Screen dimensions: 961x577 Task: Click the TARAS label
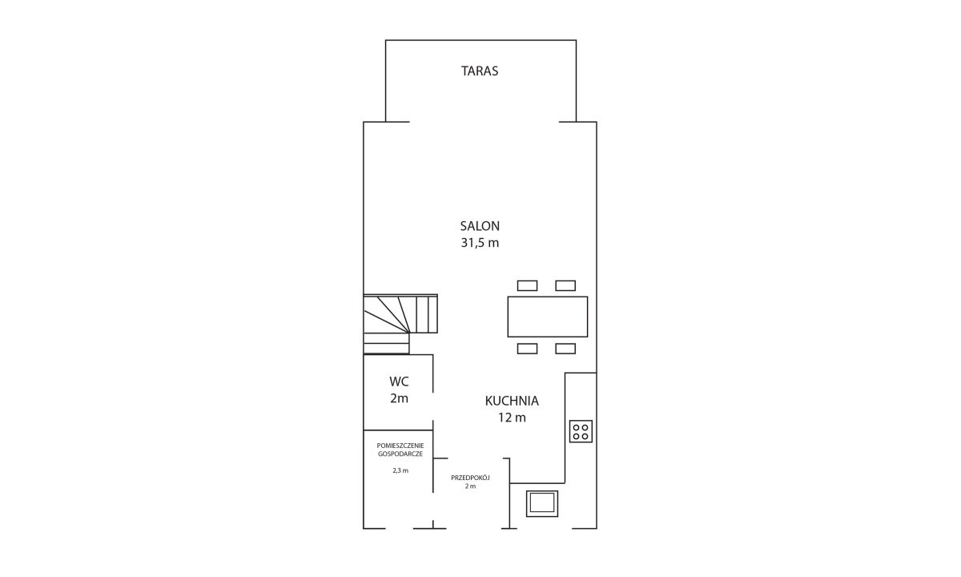(x=480, y=71)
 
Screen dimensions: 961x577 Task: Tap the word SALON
(x=480, y=226)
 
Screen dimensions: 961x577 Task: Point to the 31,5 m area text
(x=480, y=243)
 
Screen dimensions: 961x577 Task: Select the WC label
(x=399, y=381)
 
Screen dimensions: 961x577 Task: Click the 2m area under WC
(x=399, y=398)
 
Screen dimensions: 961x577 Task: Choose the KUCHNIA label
(x=512, y=401)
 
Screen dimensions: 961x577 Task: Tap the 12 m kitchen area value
(x=512, y=418)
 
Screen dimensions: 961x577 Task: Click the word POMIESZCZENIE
(x=400, y=446)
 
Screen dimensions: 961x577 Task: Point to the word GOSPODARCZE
(x=400, y=454)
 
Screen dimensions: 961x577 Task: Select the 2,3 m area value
(x=400, y=470)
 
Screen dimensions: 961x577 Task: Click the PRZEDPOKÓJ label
(x=470, y=478)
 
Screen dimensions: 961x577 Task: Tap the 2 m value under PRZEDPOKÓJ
(x=470, y=486)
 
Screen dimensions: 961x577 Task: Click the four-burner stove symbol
(x=581, y=431)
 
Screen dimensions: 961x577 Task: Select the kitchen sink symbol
(x=542, y=503)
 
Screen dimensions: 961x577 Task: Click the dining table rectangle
(x=548, y=317)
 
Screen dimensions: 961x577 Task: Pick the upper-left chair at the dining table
(x=527, y=285)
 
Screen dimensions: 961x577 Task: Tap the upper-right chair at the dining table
(x=565, y=285)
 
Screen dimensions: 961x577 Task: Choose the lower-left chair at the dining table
(x=527, y=349)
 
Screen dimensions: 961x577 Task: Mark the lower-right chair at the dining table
(x=565, y=349)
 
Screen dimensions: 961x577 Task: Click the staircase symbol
(x=400, y=324)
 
